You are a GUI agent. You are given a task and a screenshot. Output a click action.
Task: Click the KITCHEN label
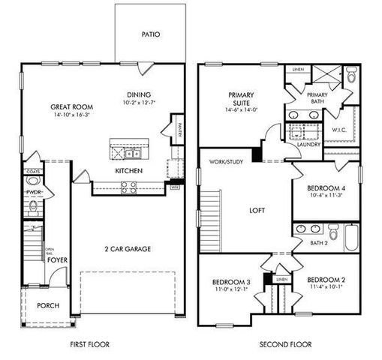point(129,171)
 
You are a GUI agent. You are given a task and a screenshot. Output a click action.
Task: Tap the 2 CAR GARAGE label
point(128,248)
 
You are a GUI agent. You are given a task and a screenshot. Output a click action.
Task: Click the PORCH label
point(48,305)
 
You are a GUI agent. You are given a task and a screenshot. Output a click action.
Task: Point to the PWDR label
point(33,192)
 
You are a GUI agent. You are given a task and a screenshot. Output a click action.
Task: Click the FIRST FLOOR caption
point(90,345)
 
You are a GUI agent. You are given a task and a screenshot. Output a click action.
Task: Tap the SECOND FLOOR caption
point(286,345)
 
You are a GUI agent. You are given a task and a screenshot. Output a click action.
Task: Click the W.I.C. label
point(338,130)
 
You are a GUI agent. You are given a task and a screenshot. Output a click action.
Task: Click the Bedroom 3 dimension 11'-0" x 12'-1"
point(231,289)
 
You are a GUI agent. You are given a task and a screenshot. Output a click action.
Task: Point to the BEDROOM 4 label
point(328,189)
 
